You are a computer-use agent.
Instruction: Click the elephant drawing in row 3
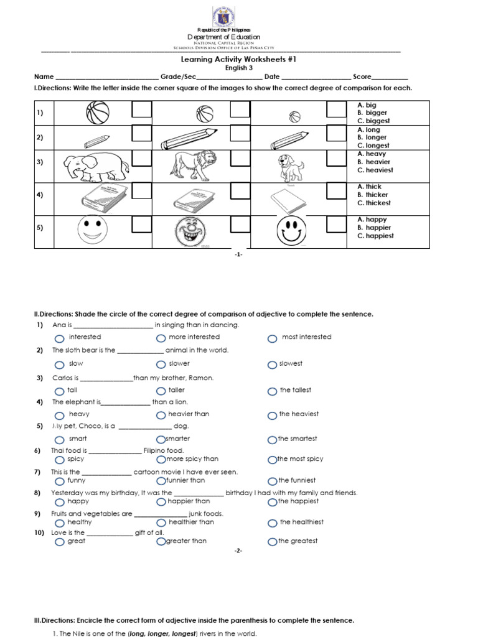pos(96,165)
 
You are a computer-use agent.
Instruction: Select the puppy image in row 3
pos(290,167)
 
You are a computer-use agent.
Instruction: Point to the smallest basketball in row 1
pos(294,116)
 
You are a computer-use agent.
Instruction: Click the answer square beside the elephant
pos(141,159)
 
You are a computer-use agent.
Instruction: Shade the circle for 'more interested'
pos(161,338)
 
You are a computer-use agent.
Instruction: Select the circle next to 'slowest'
pos(272,365)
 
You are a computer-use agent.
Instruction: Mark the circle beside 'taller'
pos(161,392)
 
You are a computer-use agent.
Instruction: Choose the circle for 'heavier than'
pos(161,416)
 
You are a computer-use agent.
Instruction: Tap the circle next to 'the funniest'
pos(272,481)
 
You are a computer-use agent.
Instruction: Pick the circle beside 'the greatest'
pos(272,542)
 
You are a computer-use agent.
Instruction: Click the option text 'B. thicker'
pos(373,195)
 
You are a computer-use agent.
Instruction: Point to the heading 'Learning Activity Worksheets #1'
pos(238,59)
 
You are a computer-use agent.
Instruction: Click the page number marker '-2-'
pos(238,551)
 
